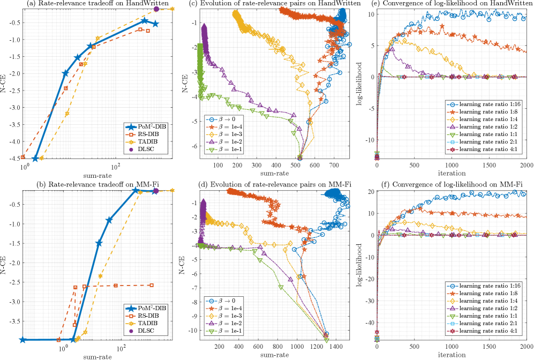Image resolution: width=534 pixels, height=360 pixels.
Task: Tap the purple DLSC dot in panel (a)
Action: pyautogui.click(x=156, y=9)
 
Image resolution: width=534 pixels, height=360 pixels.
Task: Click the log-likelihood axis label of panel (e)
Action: pyautogui.click(x=361, y=84)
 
